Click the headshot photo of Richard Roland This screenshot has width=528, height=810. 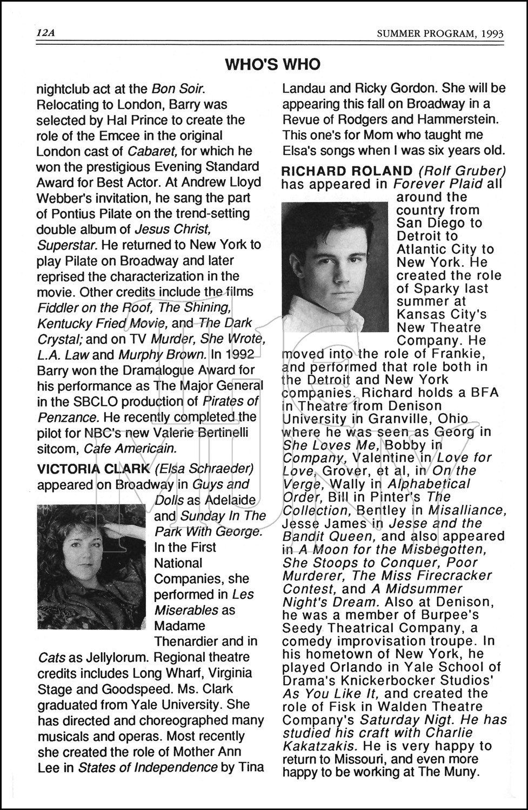click(335, 266)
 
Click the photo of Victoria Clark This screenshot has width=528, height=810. click(91, 566)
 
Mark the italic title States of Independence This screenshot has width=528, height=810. click(148, 767)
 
